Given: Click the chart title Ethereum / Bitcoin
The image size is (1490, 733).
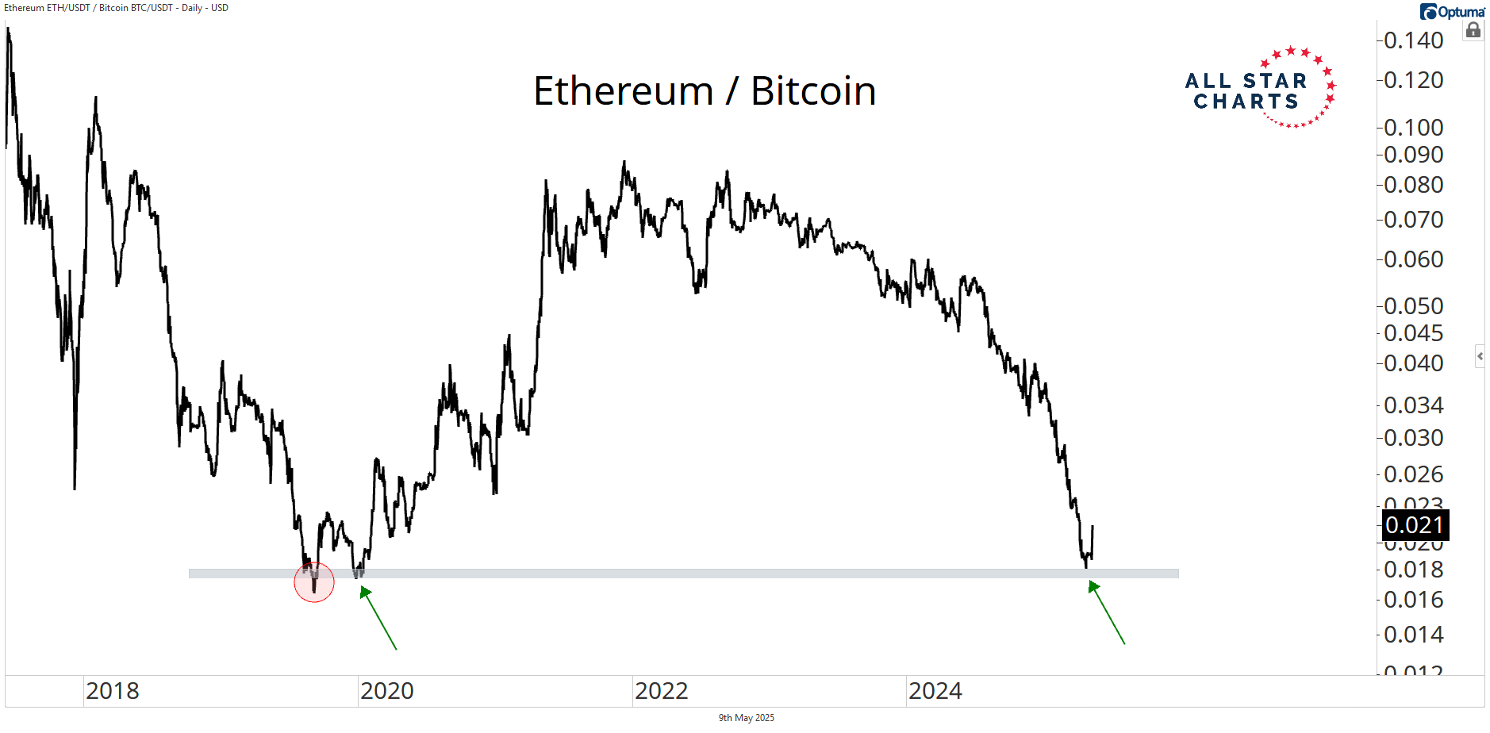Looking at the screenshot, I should coord(705,91).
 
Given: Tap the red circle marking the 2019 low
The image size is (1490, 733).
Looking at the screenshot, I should coord(314,582).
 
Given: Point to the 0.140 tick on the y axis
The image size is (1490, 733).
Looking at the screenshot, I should coord(1413,40).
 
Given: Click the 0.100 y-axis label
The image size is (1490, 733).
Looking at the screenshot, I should coord(1413,127).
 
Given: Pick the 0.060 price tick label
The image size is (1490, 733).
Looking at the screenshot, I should coord(1413,259).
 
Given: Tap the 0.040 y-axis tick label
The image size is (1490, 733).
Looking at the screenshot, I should coord(1413,363).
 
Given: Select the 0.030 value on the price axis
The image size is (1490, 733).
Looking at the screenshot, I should coord(1413,438).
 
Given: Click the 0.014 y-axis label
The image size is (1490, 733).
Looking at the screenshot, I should coord(1413,635).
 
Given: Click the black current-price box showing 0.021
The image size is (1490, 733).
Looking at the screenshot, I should coord(1415,525).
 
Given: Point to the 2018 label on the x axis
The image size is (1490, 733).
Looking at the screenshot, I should coord(113,691).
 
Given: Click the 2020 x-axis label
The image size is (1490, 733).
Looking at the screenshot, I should coord(387,691).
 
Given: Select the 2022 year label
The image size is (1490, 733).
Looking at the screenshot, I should coord(662,691).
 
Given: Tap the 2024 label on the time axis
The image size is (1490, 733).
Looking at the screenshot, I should coord(935,691).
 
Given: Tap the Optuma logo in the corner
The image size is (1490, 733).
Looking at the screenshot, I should coord(1452,12).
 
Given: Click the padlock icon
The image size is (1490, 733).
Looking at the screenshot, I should coord(1473,31).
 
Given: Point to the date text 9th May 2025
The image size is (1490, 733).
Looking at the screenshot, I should coord(746,718).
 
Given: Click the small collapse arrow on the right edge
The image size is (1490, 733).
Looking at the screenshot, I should coord(1480,356).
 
